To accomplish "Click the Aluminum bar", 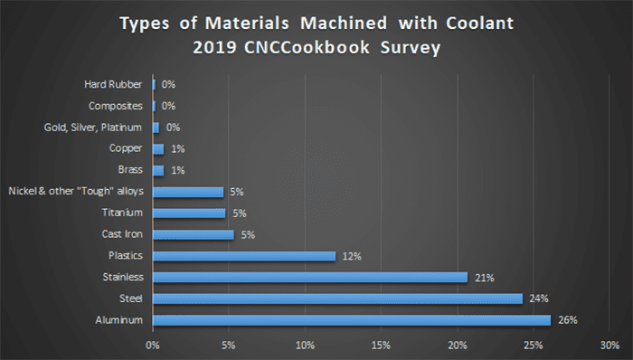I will pos(352,319).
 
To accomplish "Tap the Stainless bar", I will pos(311,277).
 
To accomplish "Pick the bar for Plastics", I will pos(244,256).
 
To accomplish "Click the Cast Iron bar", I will pos(194,234).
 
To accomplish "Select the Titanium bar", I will pos(189,213).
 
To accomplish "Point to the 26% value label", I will pos(568,319).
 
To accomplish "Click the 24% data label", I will pos(540,298).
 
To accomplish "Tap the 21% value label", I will pos(485,278).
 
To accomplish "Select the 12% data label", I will pos(352,256).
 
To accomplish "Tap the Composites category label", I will pos(118,106).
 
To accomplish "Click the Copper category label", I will pos(128,148).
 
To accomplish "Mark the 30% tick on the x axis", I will pos(609,345).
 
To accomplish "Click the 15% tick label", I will pos(381,345).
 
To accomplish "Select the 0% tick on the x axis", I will pos(153,345).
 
